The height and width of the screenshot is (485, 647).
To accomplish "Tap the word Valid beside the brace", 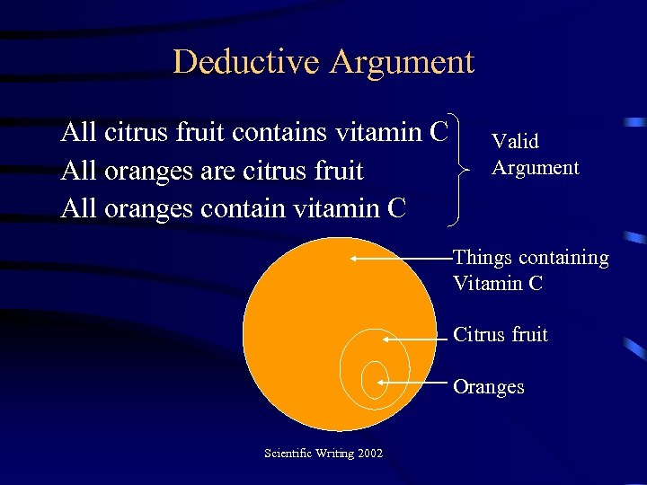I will tap(515, 141).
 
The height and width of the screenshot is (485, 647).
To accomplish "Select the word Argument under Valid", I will tap(536, 167).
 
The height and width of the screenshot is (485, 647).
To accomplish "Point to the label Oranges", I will tap(488, 387).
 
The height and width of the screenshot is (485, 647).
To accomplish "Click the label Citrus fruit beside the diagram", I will tap(501, 335).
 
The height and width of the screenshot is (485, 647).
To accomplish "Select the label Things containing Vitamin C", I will tap(530, 270).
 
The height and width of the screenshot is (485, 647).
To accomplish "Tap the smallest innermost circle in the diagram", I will tap(374, 379).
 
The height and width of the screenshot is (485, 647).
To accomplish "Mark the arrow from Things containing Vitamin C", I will tap(402, 258).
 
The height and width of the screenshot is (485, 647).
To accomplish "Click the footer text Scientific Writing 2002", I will tap(323, 453).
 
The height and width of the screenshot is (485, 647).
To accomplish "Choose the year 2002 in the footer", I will tap(369, 453).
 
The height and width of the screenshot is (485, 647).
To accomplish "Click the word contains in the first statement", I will tap(279, 133).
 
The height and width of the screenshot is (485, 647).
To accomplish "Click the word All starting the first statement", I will tap(79, 133).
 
